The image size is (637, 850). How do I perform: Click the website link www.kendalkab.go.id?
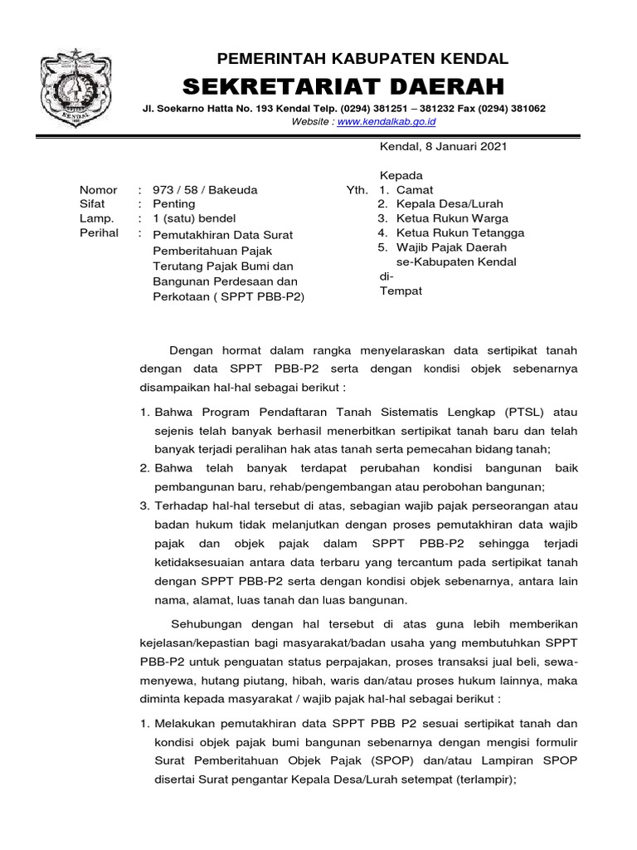click(x=388, y=121)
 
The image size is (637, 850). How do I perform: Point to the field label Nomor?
click(x=98, y=190)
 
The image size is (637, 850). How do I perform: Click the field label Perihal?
click(x=99, y=233)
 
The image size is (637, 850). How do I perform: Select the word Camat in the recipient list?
click(x=415, y=190)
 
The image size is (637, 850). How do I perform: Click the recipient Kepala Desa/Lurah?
click(x=450, y=203)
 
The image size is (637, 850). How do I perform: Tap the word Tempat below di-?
click(x=401, y=291)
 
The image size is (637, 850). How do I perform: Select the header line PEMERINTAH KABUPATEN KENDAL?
click(x=362, y=59)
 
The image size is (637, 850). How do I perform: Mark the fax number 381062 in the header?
click(x=523, y=109)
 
